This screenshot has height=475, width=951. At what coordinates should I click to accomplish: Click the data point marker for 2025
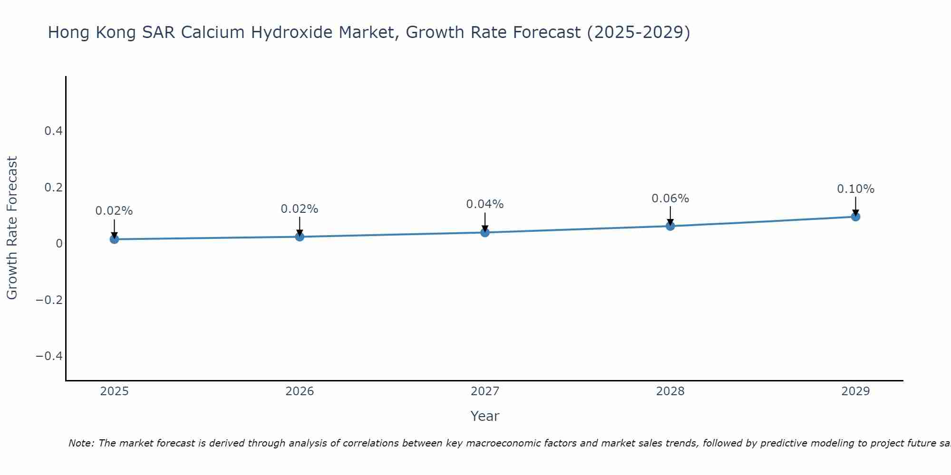114,239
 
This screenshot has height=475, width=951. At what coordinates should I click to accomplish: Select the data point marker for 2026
300,237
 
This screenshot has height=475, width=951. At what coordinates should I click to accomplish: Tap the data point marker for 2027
485,232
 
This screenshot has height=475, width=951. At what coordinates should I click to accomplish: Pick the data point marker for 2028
670,226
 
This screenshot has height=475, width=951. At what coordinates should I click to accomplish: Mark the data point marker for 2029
855,217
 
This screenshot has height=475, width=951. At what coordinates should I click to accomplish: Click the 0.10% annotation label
855,189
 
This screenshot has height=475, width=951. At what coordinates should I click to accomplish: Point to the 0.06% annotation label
670,199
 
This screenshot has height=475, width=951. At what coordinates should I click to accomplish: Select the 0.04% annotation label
485,204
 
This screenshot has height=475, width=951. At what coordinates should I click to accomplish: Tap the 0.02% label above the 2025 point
114,211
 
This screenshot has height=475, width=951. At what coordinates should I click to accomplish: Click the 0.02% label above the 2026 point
300,209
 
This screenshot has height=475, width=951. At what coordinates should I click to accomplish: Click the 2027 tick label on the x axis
485,391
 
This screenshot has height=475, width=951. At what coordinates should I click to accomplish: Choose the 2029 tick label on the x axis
855,391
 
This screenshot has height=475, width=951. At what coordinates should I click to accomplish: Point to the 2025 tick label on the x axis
115,391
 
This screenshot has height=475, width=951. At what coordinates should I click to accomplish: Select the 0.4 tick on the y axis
54,131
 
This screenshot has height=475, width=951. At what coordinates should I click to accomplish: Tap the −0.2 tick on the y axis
49,300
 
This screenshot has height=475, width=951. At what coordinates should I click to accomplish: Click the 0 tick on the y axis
59,244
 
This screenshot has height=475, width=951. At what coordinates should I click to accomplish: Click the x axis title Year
485,416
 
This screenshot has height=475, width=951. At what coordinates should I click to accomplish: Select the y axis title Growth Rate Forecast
12,228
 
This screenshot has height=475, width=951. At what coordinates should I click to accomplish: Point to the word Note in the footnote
81,443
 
